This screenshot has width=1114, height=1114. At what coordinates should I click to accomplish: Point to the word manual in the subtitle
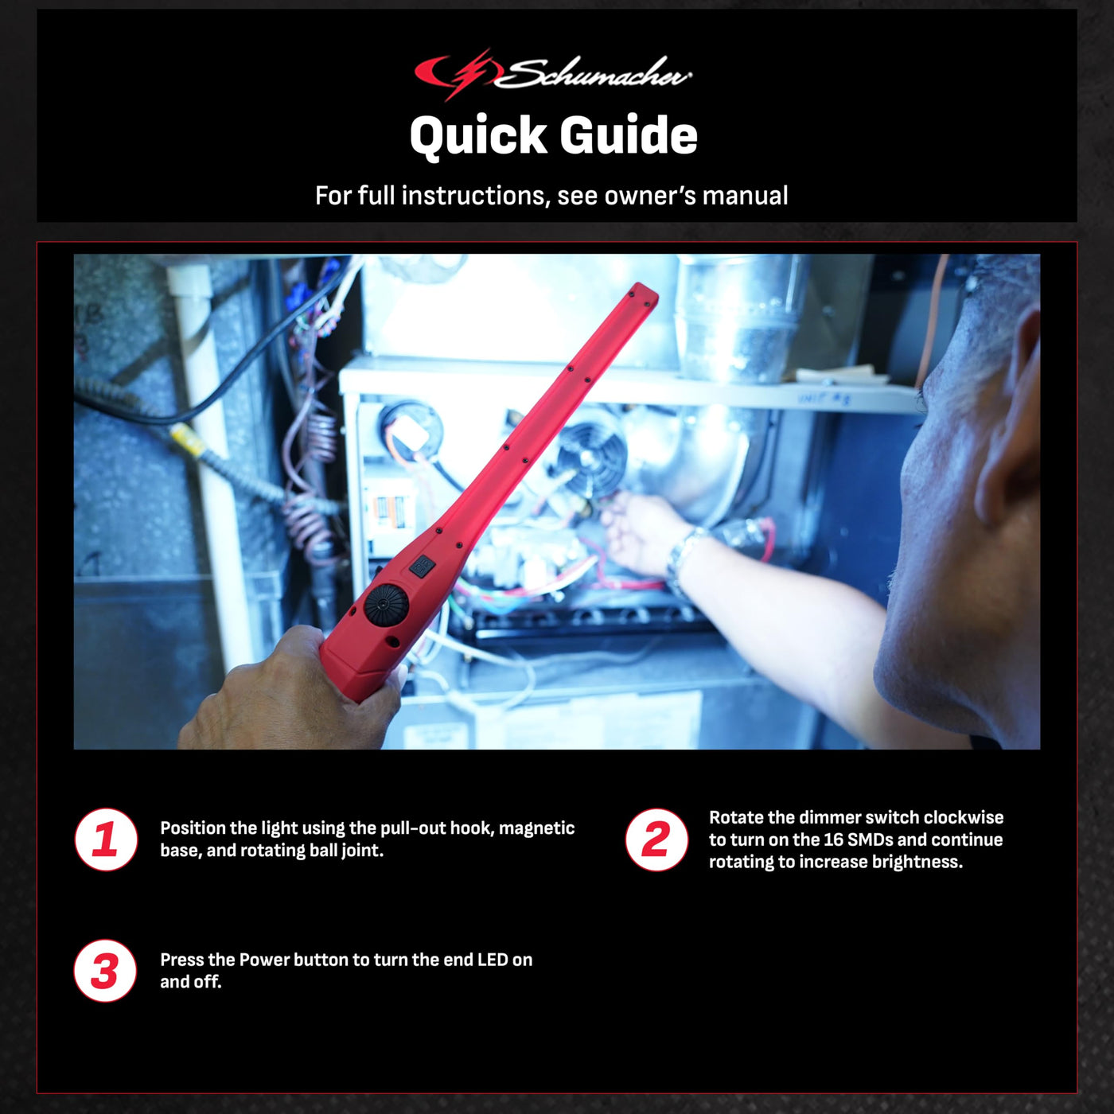(x=745, y=196)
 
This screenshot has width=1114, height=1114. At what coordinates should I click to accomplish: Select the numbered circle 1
(x=106, y=839)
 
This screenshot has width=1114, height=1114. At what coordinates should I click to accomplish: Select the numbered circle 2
(x=656, y=839)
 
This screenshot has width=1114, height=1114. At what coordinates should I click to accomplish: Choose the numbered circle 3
(x=105, y=971)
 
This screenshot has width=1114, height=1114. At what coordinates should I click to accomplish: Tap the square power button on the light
(x=423, y=565)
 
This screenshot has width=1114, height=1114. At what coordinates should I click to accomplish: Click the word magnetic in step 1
(x=536, y=828)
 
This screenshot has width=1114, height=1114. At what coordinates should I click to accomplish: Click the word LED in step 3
(x=492, y=960)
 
